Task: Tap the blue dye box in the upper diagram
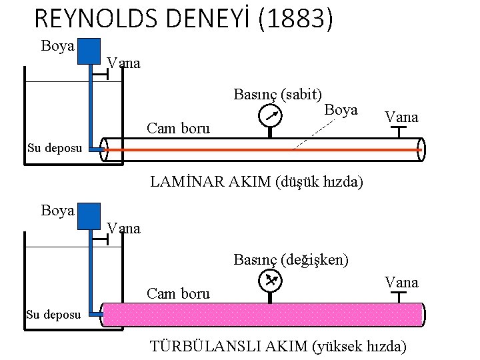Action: [89, 51]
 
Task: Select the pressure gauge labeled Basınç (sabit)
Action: [269, 115]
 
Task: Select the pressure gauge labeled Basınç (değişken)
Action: [269, 281]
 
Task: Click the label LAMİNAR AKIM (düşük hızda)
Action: [257, 181]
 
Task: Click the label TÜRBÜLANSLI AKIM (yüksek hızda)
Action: [278, 345]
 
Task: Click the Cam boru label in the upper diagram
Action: [178, 128]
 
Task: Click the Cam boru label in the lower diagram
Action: [178, 293]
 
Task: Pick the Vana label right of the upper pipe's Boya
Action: [401, 117]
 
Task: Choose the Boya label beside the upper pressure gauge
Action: [341, 109]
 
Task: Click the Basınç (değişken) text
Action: [291, 259]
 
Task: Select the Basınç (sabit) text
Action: [278, 94]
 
